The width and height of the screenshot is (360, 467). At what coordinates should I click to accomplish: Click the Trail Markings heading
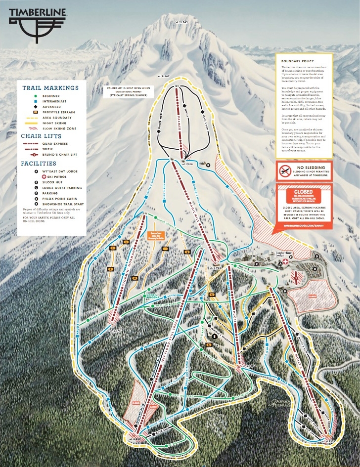point(50,88)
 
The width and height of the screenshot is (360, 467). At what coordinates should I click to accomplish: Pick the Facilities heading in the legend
point(39,163)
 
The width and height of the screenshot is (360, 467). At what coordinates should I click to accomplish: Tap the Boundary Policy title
point(298,61)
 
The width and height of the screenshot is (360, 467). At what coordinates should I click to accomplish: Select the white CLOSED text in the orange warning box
point(303,191)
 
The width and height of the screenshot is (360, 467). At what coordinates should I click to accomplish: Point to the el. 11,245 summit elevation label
point(182,22)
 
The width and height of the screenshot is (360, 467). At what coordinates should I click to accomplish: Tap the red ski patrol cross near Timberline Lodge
point(285,263)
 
